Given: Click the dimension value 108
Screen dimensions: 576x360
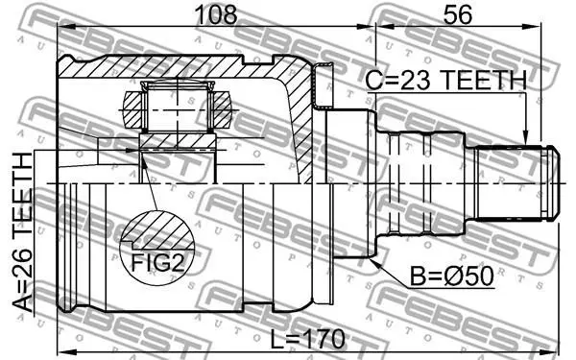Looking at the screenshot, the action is point(216,14).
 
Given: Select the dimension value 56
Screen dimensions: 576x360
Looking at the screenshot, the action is point(457,14).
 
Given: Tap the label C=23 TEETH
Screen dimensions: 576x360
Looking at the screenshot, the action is point(446,81).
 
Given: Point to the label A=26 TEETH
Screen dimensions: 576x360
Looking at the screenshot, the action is point(23,232).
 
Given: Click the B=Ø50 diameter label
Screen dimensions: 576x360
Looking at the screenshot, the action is point(451,276).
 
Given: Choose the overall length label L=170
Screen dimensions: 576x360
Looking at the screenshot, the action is point(308,339).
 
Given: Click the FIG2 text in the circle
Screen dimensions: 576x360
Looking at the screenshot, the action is point(157,263).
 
